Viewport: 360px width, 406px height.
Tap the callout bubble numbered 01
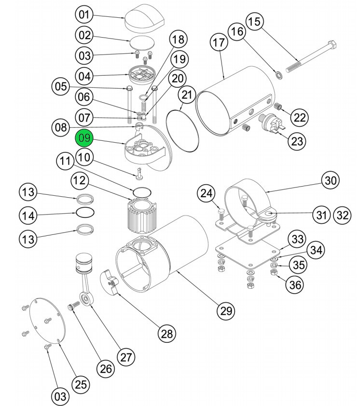coord(85,15)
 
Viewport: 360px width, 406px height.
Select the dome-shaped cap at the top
coord(144,19)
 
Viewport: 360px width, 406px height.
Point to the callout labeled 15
coord(255,22)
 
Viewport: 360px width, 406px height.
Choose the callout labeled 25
coord(81,384)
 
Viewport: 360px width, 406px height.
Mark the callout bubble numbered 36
coord(295,284)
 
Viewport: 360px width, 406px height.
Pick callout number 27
coord(126,357)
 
